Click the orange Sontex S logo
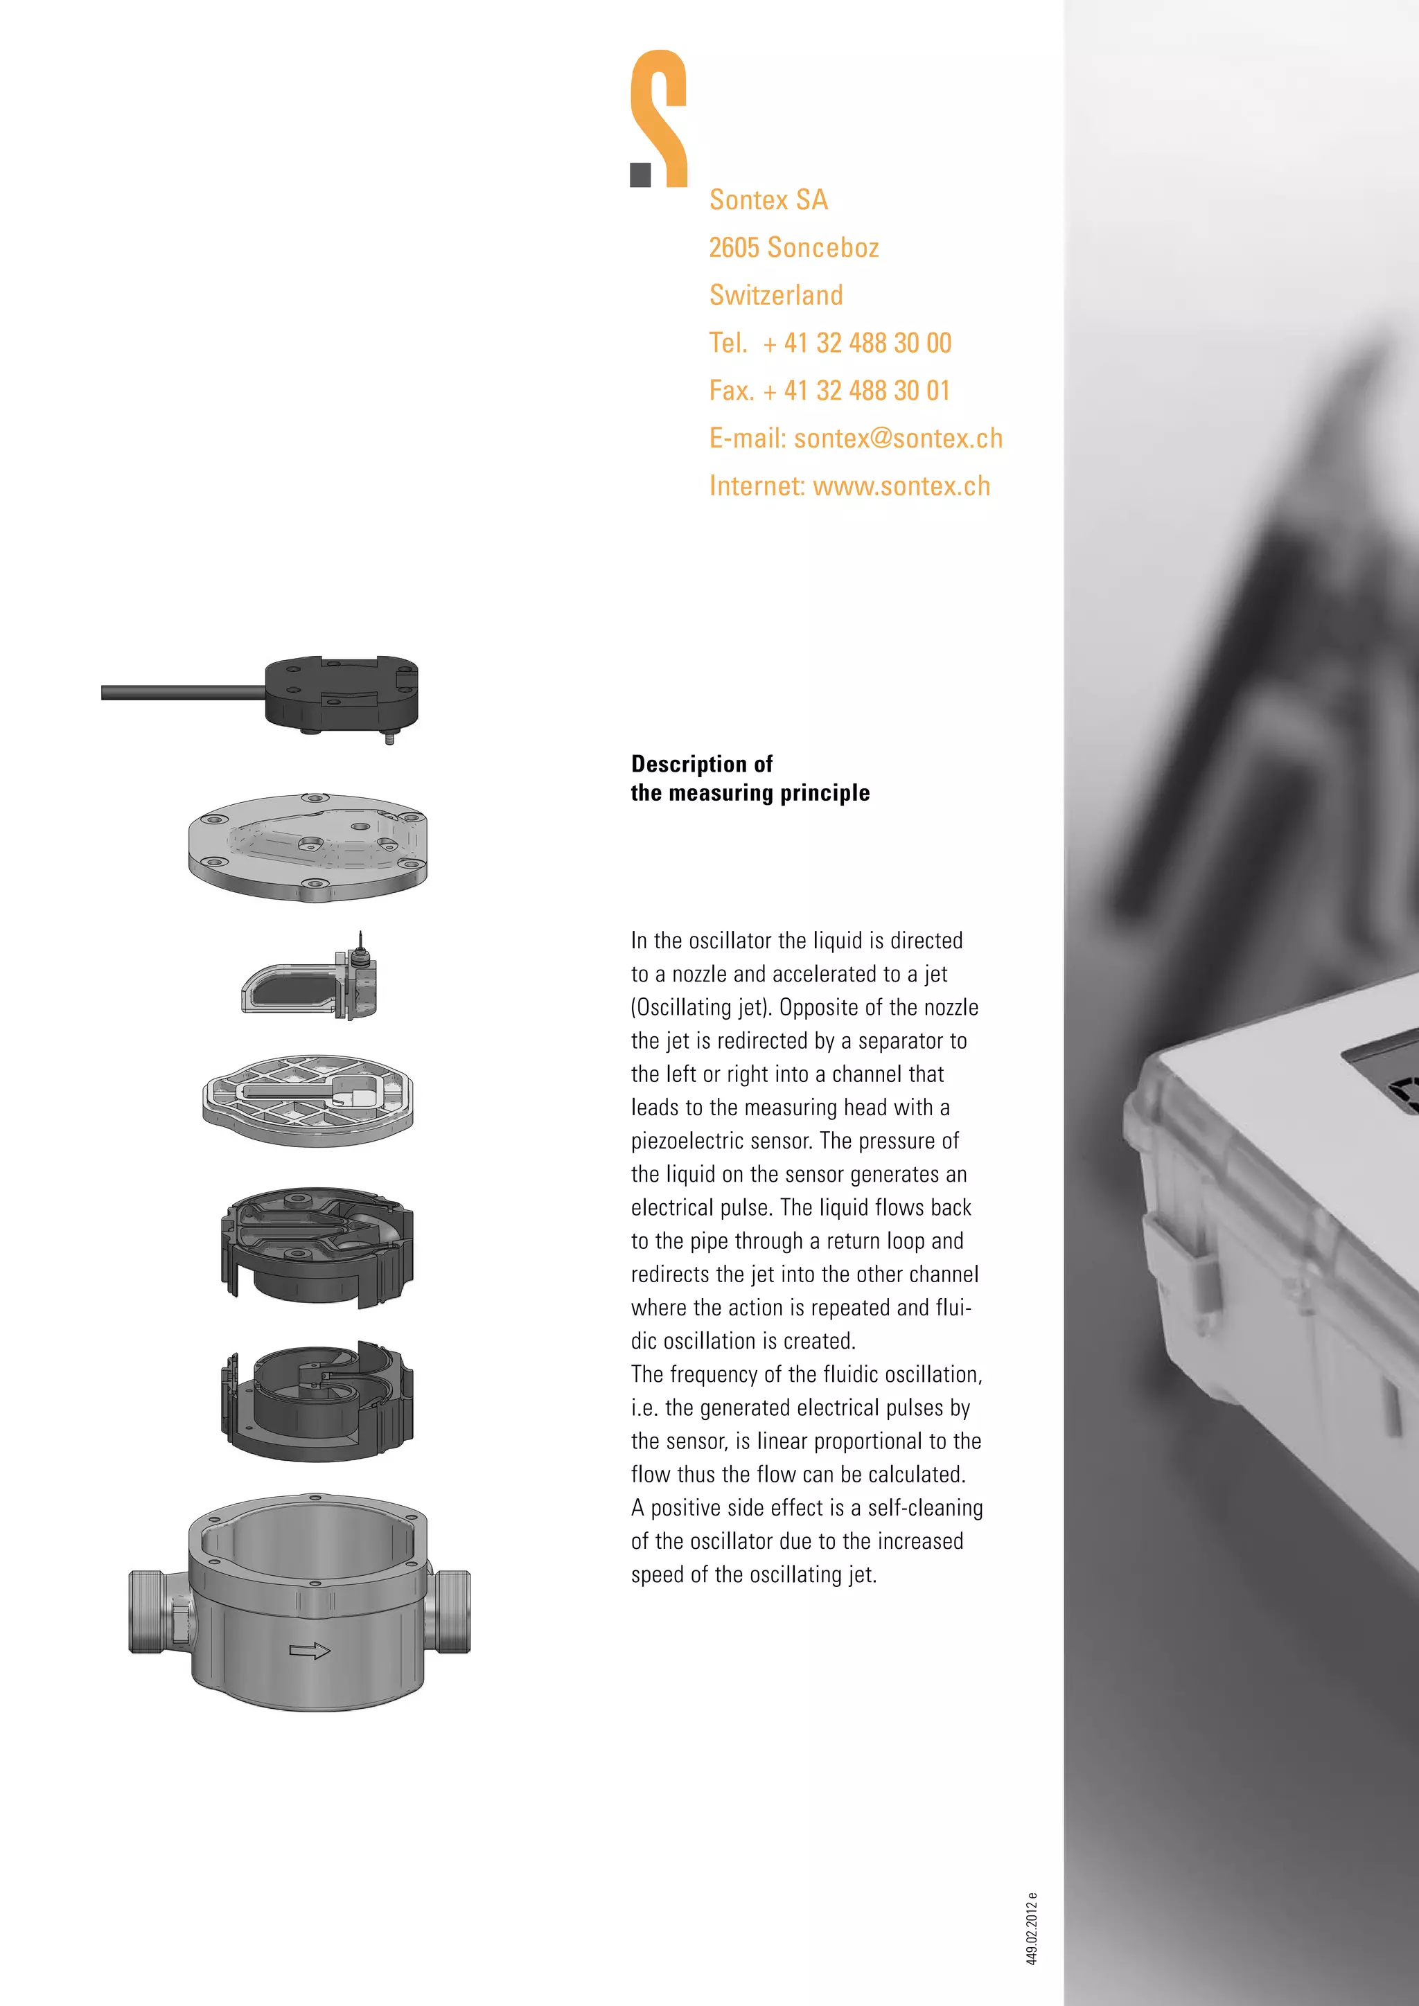(662, 118)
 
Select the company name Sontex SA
(768, 200)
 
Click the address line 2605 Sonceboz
(793, 248)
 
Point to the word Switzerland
(776, 295)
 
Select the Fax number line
(829, 391)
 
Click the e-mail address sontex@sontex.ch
(898, 438)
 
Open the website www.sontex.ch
(901, 486)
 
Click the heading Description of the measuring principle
(750, 779)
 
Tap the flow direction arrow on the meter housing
(309, 1651)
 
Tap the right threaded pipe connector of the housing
(450, 1611)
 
